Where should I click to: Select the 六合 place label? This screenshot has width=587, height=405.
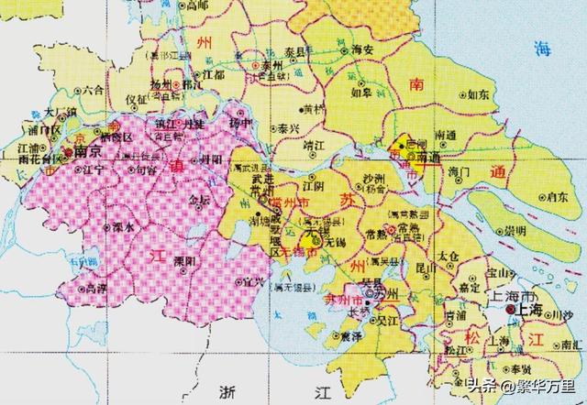click(93, 91)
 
